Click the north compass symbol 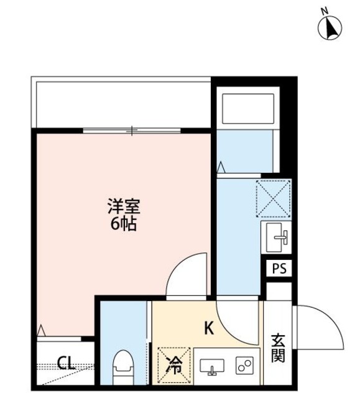[x=331, y=27]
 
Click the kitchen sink [x=212, y=367]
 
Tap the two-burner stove [x=244, y=366]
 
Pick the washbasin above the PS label [x=277, y=236]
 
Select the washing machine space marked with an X [x=273, y=197]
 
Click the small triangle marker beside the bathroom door [x=221, y=167]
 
